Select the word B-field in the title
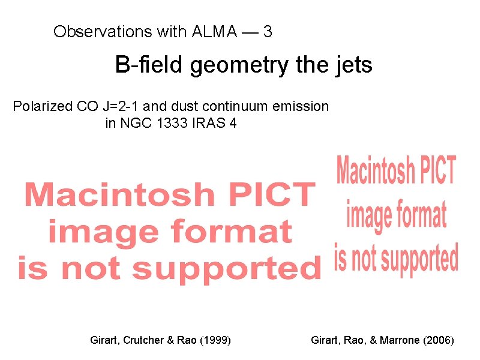pyautogui.click(x=150, y=65)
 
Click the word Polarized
pyautogui.click(x=43, y=107)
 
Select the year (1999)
pyautogui.click(x=214, y=340)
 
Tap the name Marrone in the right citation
pyautogui.click(x=398, y=340)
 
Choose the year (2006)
pyautogui.click(x=439, y=340)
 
